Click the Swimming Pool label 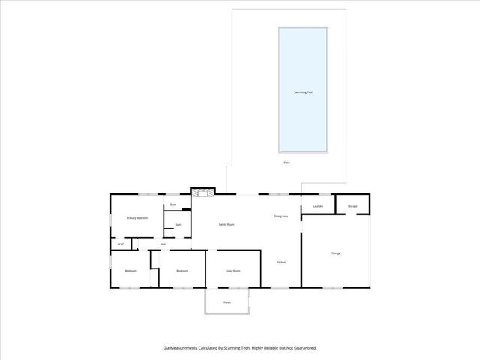303,91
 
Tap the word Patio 286,163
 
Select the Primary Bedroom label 136,218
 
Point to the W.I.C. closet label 121,244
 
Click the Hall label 163,244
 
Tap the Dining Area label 282,217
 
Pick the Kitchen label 281,262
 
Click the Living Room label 232,271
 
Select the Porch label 226,302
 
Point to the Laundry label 318,206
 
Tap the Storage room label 352,206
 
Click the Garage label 336,253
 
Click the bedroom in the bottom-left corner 130,271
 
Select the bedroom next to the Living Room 181,271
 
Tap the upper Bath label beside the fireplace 173,205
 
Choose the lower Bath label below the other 178,225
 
